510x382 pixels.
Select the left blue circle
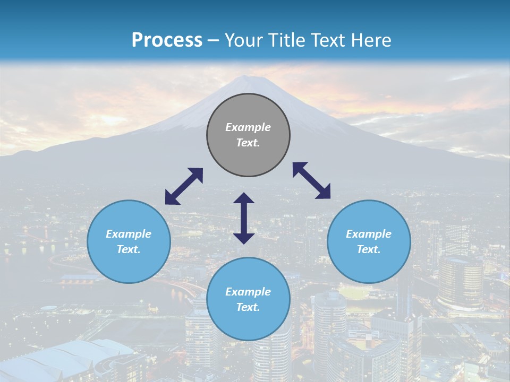(x=129, y=241)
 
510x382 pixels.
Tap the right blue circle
(x=369, y=241)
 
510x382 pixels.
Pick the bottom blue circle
(x=248, y=299)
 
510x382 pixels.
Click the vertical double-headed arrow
(x=244, y=218)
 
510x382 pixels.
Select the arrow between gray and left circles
(x=184, y=186)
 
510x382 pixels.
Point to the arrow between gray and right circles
(x=312, y=180)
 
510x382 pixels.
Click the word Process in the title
(x=167, y=40)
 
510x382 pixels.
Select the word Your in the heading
(x=242, y=40)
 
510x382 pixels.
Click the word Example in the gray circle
(x=248, y=127)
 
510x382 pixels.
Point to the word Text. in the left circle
(x=129, y=249)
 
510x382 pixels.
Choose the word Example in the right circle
(x=369, y=234)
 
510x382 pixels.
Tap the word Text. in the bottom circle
(x=248, y=307)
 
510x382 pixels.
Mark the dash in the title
(x=214, y=41)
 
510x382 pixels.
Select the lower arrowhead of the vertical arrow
(x=244, y=238)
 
